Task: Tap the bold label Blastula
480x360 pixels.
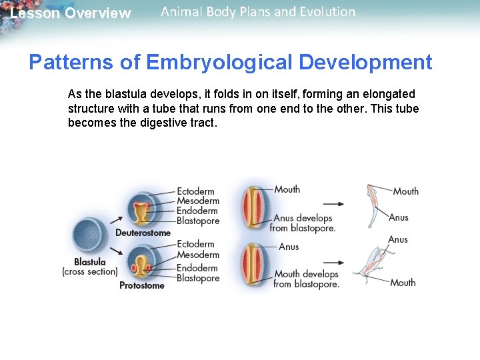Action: pyautogui.click(x=89, y=262)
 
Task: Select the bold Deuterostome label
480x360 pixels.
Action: pyautogui.click(x=143, y=233)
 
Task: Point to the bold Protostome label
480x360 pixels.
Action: pyautogui.click(x=141, y=285)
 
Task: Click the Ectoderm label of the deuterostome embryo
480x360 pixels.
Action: pyautogui.click(x=195, y=192)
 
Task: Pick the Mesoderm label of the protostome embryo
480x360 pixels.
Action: pyautogui.click(x=197, y=255)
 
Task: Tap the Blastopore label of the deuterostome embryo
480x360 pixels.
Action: pyautogui.click(x=197, y=221)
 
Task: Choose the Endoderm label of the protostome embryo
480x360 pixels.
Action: pyautogui.click(x=197, y=269)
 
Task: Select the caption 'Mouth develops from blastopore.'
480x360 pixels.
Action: pyautogui.click(x=306, y=279)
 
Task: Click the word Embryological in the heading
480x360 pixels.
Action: pyautogui.click(x=219, y=63)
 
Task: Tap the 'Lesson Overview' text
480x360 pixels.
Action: pyautogui.click(x=71, y=13)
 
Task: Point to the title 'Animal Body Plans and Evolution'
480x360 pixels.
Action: pyautogui.click(x=258, y=11)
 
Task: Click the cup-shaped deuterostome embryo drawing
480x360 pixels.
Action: pyautogui.click(x=140, y=209)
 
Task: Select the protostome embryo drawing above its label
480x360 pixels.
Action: pyautogui.click(x=140, y=263)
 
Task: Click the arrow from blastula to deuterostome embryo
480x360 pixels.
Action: pyautogui.click(x=116, y=220)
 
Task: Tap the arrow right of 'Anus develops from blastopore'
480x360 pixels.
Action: pyautogui.click(x=333, y=204)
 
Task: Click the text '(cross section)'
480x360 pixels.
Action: pyautogui.click(x=89, y=272)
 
